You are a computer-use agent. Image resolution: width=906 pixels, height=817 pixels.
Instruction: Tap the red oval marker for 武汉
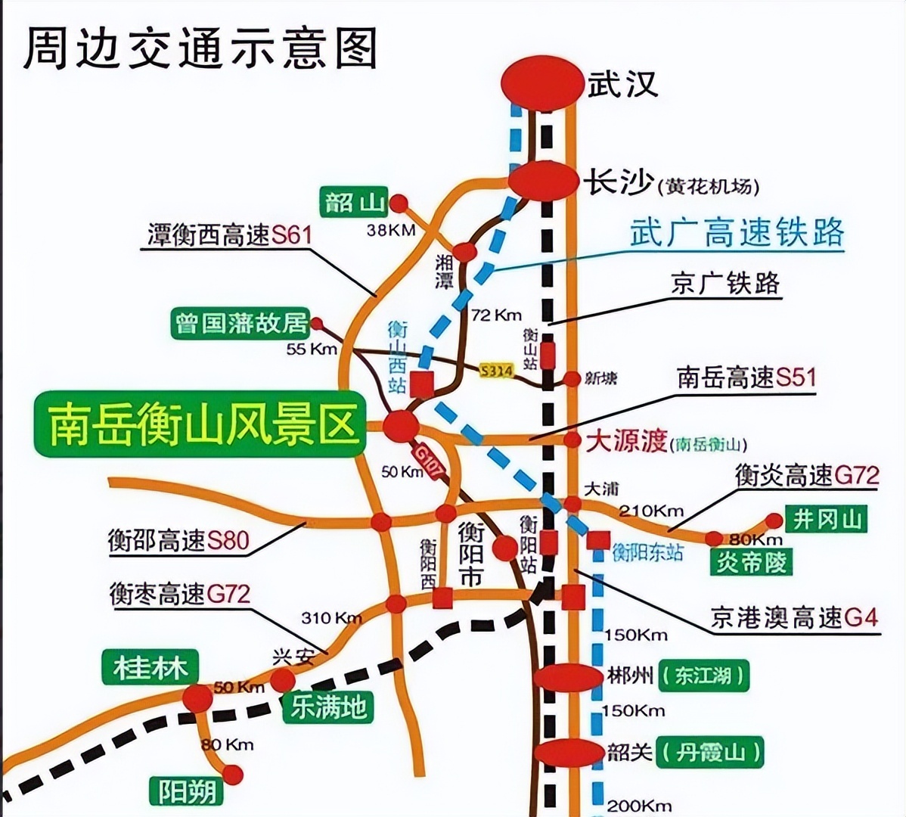[x=544, y=82]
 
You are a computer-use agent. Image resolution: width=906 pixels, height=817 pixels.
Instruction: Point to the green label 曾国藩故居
[x=241, y=323]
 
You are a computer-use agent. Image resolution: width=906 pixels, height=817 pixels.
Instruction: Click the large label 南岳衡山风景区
[x=201, y=426]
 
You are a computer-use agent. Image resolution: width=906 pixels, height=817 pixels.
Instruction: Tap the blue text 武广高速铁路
[x=737, y=231]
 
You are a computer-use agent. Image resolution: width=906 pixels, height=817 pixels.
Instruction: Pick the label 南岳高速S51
[x=746, y=377]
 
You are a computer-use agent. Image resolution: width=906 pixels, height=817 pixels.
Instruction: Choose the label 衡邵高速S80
[x=178, y=540]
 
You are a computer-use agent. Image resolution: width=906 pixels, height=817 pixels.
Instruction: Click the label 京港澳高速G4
[x=794, y=618]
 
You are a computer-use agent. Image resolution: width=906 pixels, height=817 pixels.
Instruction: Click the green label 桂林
[x=150, y=668]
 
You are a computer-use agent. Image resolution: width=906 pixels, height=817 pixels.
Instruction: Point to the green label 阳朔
[x=187, y=791]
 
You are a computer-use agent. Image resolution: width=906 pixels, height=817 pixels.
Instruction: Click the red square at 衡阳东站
[x=598, y=540]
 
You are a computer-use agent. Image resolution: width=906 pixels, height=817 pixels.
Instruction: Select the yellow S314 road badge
[x=496, y=370]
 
